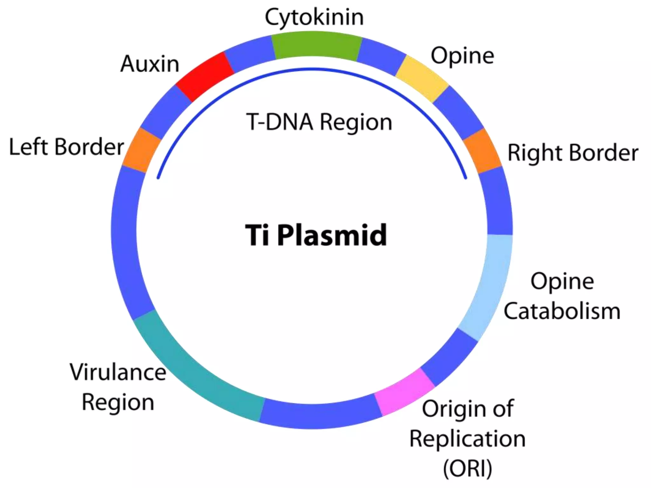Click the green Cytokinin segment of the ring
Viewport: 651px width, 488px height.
(x=316, y=45)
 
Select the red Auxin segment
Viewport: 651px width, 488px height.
(x=205, y=77)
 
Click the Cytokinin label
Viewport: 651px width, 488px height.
(x=314, y=17)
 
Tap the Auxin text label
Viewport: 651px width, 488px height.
(x=150, y=64)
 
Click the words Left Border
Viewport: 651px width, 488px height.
(x=66, y=147)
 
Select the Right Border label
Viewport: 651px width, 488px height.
(x=573, y=153)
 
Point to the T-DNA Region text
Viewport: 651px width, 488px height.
(x=319, y=122)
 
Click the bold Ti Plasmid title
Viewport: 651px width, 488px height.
(x=316, y=235)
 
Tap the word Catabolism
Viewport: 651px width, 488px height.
(x=562, y=311)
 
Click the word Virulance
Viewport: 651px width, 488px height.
(x=118, y=372)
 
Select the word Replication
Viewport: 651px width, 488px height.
(x=467, y=439)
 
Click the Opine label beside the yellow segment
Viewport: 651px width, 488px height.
(x=462, y=56)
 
